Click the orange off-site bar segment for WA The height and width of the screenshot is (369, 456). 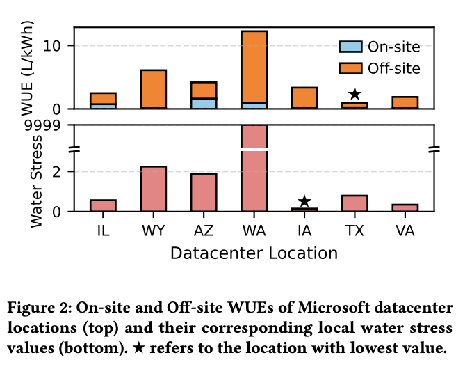coord(254,67)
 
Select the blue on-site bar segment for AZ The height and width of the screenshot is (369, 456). coord(204,103)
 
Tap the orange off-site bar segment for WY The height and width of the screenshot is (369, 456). coord(153,88)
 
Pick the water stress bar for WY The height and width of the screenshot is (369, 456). coord(153,189)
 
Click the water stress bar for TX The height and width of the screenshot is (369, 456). coord(355,203)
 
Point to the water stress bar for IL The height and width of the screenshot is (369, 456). coord(103,205)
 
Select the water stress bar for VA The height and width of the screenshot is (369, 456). coord(405,207)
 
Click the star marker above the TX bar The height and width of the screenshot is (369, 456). coord(355,94)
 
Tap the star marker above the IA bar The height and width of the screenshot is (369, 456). coord(304,202)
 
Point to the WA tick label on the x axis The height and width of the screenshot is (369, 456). coord(254,229)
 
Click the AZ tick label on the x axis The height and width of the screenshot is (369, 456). coord(204,229)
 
